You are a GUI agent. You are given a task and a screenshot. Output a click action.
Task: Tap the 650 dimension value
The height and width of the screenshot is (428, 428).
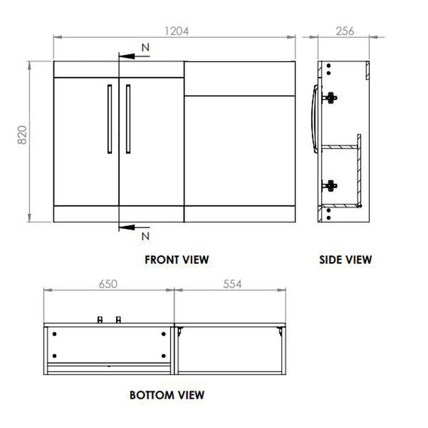pos(108,284)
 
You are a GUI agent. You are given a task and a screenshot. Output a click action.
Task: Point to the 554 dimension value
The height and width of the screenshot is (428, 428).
pos(232,284)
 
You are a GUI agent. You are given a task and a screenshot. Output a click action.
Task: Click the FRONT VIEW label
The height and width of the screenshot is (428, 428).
pos(177,259)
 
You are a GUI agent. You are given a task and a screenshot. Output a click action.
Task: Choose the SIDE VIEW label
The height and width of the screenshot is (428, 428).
pos(345,259)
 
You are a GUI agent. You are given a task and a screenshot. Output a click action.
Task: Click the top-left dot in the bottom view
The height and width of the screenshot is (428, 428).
pos(55,334)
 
